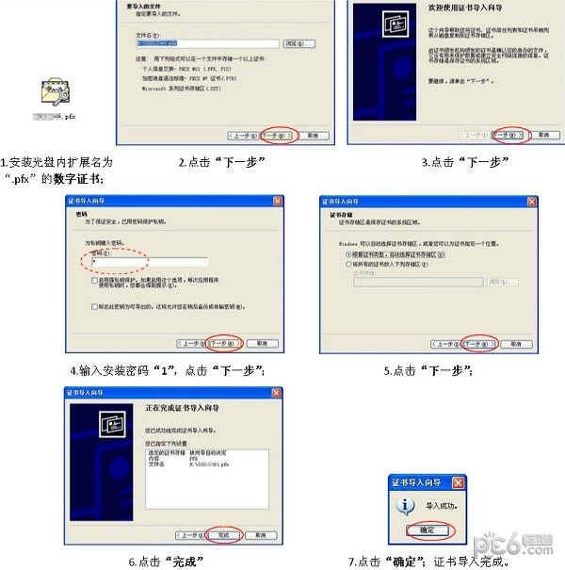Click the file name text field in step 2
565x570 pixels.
point(206,43)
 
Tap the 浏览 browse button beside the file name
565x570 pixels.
point(294,43)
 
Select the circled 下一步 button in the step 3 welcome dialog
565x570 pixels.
point(512,135)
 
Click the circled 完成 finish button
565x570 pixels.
point(223,533)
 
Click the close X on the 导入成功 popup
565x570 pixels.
point(458,482)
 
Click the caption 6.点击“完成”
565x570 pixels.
point(168,562)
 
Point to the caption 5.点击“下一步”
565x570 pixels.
point(428,370)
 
